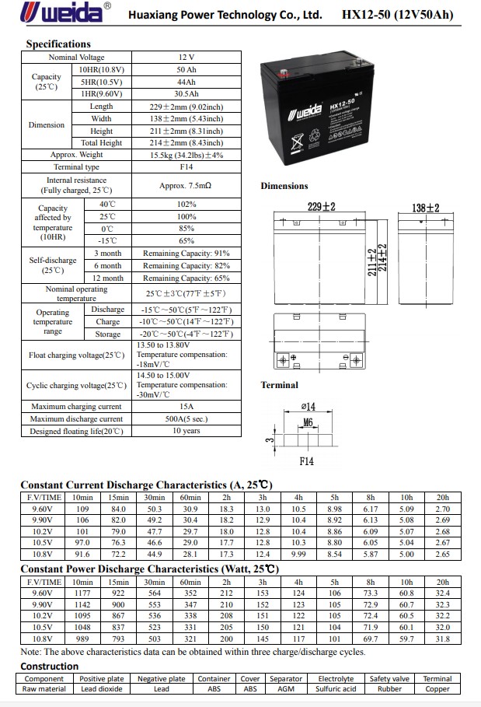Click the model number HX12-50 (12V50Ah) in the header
point(397,15)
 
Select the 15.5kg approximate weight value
point(186,155)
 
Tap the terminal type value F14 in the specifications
point(186,166)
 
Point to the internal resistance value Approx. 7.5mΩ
point(186,186)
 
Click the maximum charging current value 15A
point(186,407)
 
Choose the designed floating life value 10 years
point(186,431)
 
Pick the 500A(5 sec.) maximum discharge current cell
point(186,419)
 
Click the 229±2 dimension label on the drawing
point(321,208)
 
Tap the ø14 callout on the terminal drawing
point(308,407)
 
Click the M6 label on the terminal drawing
point(308,422)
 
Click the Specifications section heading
point(58,44)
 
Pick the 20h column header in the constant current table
point(443,498)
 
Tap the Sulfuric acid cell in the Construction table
point(336,689)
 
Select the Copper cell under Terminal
point(437,689)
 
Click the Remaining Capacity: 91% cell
point(186,254)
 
